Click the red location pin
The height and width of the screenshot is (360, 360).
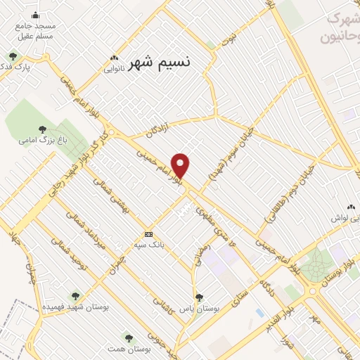[x=181, y=165]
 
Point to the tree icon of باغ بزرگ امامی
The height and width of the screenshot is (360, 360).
[x=43, y=129]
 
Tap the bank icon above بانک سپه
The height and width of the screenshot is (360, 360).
[x=148, y=234]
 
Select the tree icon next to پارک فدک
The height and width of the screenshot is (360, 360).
[x=12, y=56]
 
